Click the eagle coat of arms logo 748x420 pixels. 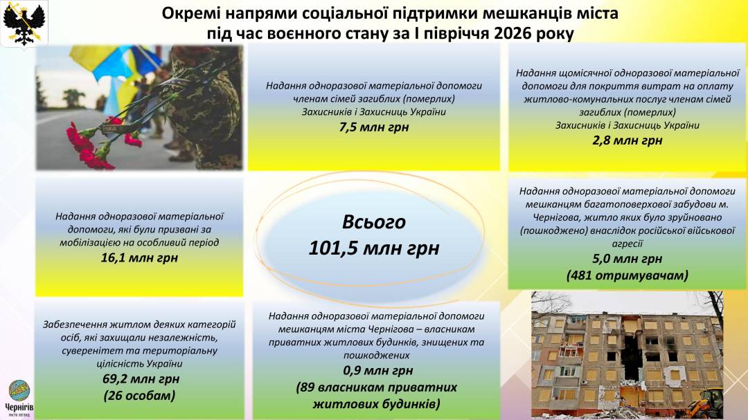tap(24, 24)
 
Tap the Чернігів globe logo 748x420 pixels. tap(19, 391)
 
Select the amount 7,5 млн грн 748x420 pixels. tap(374, 127)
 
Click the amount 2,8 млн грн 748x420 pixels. tap(627, 140)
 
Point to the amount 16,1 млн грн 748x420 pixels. tap(139, 258)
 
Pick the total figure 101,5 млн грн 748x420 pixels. tap(374, 248)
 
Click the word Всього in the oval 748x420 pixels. tap(374, 222)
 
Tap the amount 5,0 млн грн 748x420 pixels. tap(627, 259)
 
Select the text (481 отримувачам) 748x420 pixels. tap(627, 275)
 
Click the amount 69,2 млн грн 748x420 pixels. tap(141, 379)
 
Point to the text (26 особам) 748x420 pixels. tap(139, 396)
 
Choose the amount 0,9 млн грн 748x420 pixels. tap(378, 370)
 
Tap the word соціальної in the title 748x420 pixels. tap(335, 13)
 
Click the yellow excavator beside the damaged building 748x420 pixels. tap(704, 403)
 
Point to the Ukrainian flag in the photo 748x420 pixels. tap(114, 71)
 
